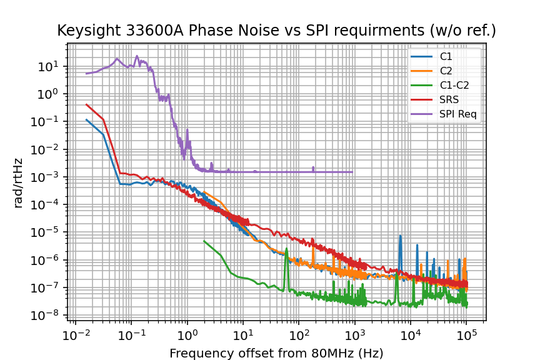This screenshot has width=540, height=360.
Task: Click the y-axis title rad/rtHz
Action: click(x=19, y=182)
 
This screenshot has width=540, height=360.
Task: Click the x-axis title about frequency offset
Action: click(x=276, y=353)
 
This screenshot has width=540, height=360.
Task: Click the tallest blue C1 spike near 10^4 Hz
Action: click(x=400, y=236)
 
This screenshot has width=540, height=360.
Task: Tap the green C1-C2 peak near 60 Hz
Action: click(x=286, y=249)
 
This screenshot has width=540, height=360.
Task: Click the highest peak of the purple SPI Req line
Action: click(x=117, y=59)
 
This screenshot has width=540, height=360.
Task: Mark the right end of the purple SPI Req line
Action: click(x=352, y=172)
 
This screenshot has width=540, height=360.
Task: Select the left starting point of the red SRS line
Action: click(x=87, y=104)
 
